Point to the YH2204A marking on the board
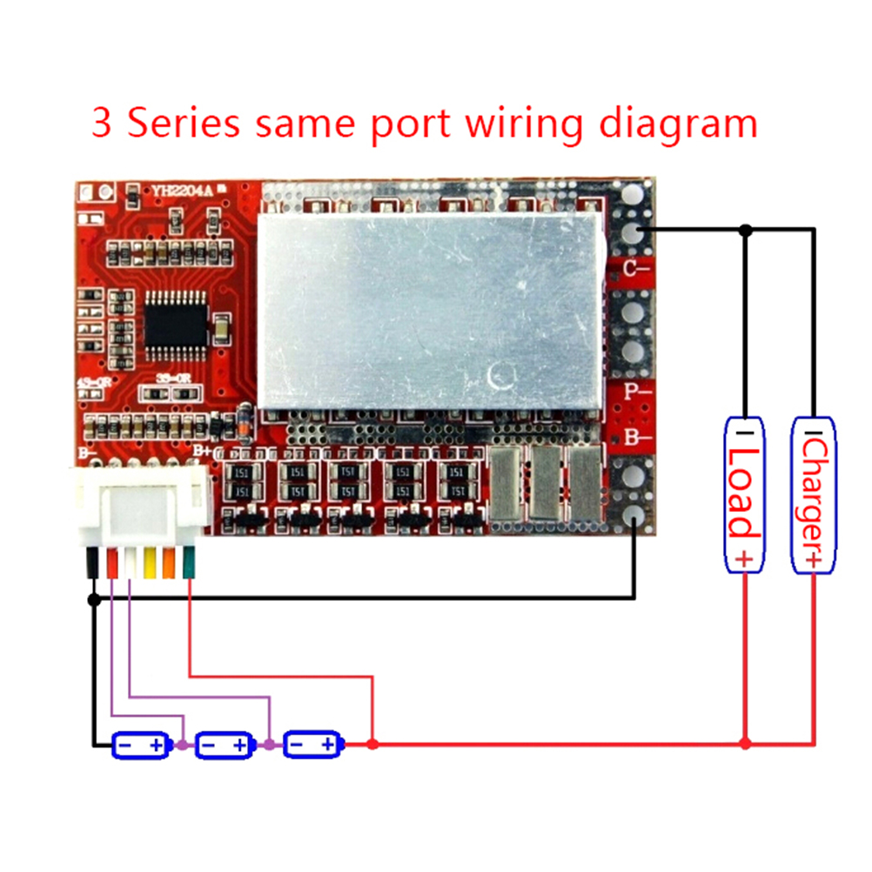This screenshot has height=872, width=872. click(180, 191)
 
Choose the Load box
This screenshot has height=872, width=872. click(745, 494)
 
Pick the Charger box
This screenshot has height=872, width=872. click(813, 494)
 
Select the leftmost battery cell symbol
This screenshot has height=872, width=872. click(141, 745)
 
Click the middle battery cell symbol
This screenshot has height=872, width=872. click(223, 745)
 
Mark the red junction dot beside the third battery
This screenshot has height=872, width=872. click(372, 745)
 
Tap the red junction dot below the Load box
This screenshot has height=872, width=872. click(745, 745)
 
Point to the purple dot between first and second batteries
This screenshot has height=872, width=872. click(182, 745)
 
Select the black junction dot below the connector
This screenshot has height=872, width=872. click(94, 599)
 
